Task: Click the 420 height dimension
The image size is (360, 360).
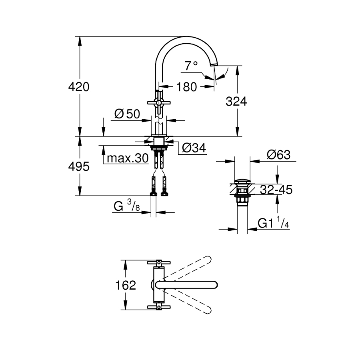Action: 79,87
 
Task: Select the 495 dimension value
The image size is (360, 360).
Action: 79,166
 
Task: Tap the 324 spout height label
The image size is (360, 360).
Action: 236,102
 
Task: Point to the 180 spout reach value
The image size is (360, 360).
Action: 187,87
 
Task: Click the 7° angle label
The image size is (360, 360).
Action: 191,66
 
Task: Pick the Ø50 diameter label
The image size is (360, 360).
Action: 127,114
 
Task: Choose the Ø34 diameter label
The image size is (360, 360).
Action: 194,148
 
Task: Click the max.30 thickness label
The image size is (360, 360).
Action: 128,158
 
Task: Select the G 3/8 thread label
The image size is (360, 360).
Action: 127,206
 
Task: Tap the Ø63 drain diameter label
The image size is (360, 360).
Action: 278,155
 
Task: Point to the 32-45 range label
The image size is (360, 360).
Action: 276,190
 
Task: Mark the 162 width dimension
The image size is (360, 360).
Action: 126,285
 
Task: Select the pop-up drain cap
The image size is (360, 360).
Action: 242,181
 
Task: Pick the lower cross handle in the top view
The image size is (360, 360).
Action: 159,307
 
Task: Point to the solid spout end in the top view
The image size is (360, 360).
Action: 214,285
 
